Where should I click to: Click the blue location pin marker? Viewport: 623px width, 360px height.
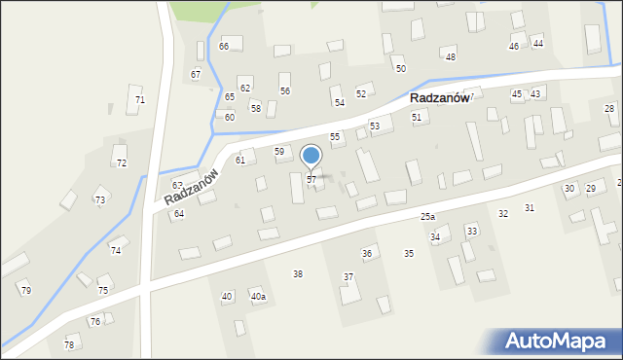pyautogui.click(x=311, y=156)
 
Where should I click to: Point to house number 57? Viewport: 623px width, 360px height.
pyautogui.click(x=311, y=180)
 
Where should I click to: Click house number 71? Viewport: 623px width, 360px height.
pyautogui.click(x=140, y=100)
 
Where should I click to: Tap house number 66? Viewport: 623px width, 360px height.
pyautogui.click(x=224, y=47)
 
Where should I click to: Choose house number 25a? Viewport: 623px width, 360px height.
pyautogui.click(x=427, y=216)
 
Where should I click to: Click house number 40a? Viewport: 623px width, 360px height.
pyautogui.click(x=258, y=297)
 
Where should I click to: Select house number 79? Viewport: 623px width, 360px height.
pyautogui.click(x=26, y=291)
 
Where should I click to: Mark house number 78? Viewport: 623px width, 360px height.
pyautogui.click(x=69, y=345)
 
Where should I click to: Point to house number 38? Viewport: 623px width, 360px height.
pyautogui.click(x=298, y=274)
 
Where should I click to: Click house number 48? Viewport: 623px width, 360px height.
pyautogui.click(x=451, y=57)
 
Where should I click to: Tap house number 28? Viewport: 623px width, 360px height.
pyautogui.click(x=609, y=108)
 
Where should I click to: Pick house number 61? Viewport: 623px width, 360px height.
pyautogui.click(x=240, y=160)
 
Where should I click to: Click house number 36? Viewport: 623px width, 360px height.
pyautogui.click(x=367, y=254)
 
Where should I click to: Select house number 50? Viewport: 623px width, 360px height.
pyautogui.click(x=400, y=69)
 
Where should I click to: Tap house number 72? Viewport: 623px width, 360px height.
pyautogui.click(x=122, y=163)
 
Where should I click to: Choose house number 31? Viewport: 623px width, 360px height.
pyautogui.click(x=530, y=208)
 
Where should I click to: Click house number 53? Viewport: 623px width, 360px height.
pyautogui.click(x=375, y=127)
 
